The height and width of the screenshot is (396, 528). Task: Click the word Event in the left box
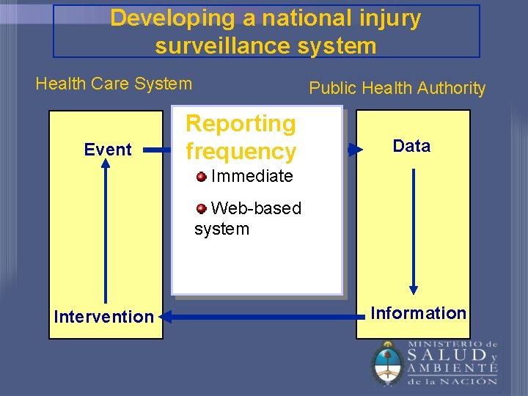click(108, 150)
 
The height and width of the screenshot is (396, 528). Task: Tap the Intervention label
click(104, 317)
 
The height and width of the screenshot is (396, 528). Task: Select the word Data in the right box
click(411, 146)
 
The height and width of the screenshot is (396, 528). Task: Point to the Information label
click(418, 313)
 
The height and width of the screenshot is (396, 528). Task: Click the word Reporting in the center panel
click(241, 124)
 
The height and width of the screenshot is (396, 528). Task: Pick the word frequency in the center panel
click(241, 152)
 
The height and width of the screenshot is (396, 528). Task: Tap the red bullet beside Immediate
click(201, 175)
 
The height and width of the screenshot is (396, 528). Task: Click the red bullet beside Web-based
click(201, 208)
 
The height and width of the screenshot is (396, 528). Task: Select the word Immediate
click(252, 176)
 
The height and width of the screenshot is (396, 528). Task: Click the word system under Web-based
click(221, 229)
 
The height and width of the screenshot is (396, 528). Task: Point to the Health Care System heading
click(114, 84)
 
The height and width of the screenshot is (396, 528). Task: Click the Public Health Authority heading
click(397, 88)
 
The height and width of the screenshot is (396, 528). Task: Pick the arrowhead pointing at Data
click(356, 150)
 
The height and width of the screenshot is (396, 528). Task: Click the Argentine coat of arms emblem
click(386, 363)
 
